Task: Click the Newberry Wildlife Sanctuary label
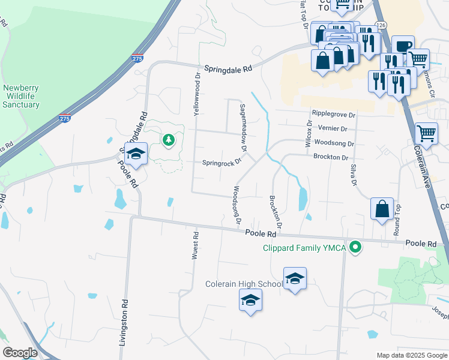(21, 96)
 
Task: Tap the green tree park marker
(169, 140)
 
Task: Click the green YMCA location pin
(356, 247)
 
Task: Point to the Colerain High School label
(244, 284)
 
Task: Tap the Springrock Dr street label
(221, 162)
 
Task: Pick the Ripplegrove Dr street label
(333, 114)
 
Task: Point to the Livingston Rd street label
(125, 323)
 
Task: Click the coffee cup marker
(403, 47)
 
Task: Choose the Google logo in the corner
(20, 353)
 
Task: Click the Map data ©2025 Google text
(411, 355)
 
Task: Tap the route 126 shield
(381, 25)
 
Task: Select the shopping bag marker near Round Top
(382, 210)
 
